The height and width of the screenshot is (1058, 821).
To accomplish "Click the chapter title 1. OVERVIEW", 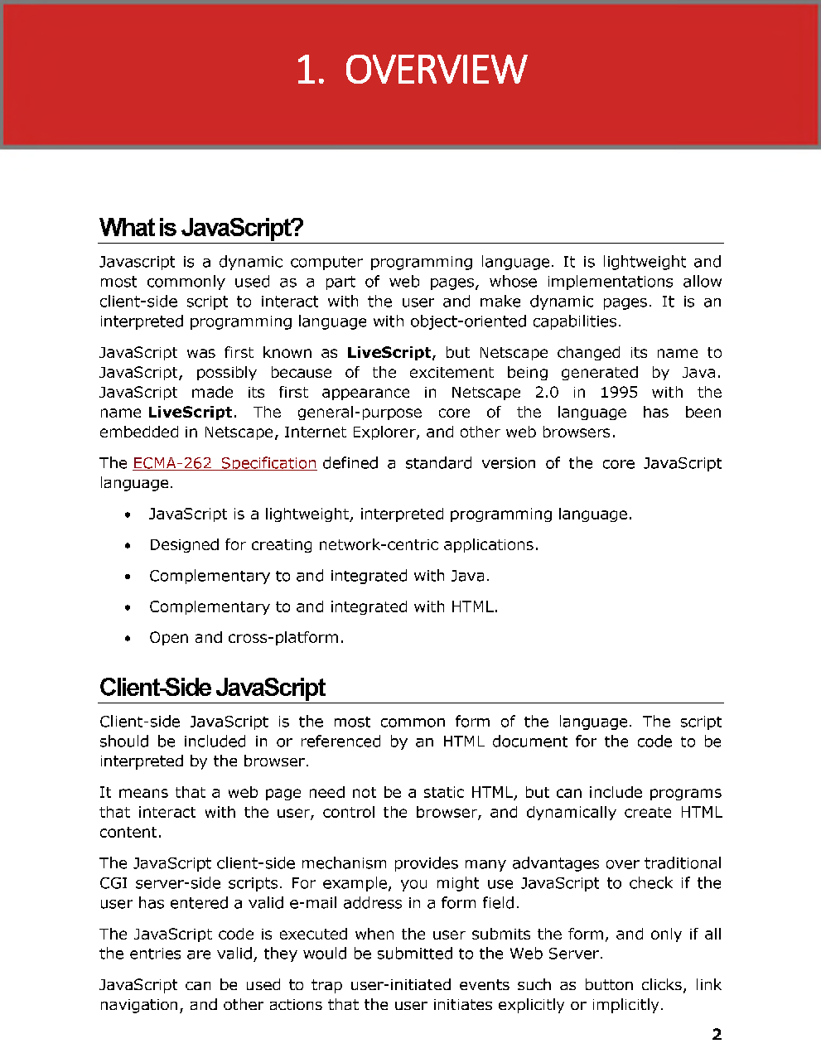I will tap(411, 70).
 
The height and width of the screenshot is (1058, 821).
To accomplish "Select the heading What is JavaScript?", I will tap(201, 227).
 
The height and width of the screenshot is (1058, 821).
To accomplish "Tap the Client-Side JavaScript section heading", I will tap(212, 687).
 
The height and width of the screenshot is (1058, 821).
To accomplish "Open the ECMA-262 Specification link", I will tap(225, 463).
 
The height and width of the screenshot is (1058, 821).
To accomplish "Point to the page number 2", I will tap(717, 1034).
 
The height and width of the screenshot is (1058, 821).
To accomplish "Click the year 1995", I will tap(619, 393).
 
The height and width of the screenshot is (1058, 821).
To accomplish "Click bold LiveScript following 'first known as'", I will tap(389, 353).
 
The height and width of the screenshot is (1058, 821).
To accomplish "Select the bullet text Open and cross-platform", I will tap(246, 638).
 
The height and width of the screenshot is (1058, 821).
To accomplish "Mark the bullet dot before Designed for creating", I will tap(127, 546).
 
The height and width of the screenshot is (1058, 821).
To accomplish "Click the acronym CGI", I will tap(113, 883).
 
